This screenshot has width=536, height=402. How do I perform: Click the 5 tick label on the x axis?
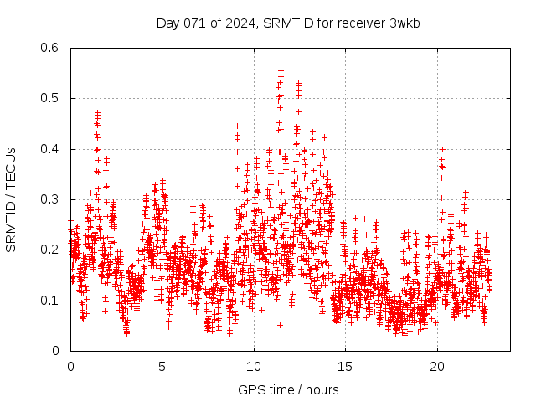coord(162,367)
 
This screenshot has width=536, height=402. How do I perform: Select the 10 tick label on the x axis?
coord(254,367)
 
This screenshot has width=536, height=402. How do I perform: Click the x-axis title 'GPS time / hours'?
coord(288,389)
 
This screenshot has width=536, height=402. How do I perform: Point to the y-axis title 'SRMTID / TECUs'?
coord(11,199)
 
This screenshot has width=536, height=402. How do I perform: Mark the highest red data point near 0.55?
coord(281,71)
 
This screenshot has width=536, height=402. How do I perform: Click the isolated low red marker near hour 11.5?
coord(281,324)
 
